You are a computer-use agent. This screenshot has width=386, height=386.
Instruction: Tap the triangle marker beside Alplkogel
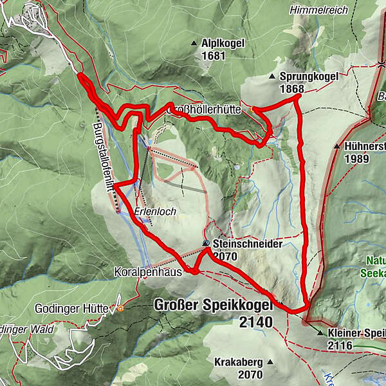coord(194,44)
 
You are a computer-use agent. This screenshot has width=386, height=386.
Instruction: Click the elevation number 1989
coord(358,159)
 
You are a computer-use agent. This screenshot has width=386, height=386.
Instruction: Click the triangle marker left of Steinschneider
coord(206,244)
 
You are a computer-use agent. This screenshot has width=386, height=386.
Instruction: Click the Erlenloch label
coord(156,211)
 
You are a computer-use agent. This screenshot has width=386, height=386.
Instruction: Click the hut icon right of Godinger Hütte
coord(120,308)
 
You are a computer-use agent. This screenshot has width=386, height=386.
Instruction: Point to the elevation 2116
coord(340,346)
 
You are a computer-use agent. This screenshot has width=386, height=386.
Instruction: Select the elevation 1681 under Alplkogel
coord(213,57)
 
